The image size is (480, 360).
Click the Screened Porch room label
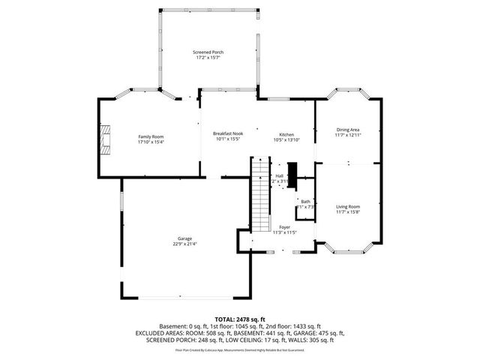[x=209, y=52]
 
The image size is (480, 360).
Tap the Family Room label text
[x=151, y=136]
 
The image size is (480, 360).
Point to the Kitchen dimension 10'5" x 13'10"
[x=286, y=139]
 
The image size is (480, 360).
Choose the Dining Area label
[x=348, y=130]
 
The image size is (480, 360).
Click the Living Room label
[x=348, y=206]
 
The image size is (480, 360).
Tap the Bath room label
[x=305, y=201]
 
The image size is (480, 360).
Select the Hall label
[x=279, y=175]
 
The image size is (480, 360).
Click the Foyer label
[x=284, y=226]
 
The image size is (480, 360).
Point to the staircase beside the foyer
[x=260, y=195]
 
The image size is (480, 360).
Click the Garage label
[x=184, y=238]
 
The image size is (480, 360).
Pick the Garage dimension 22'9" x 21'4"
[x=184, y=244]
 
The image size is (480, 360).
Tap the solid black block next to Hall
[x=294, y=176]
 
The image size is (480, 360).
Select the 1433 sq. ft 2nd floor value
[x=307, y=326]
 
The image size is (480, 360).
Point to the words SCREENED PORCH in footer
[x=157, y=338]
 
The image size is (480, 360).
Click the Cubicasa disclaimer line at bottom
[x=239, y=349]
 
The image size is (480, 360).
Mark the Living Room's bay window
[x=349, y=247]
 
